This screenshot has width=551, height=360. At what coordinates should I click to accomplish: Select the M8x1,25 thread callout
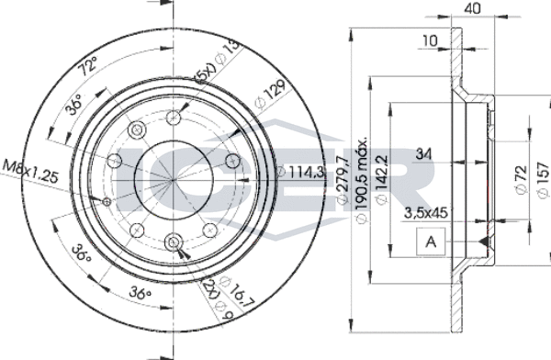30,171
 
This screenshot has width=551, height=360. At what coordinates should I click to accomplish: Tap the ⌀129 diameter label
270,95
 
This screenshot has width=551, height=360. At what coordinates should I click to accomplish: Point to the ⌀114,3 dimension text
301,172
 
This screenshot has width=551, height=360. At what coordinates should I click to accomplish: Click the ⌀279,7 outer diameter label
343,180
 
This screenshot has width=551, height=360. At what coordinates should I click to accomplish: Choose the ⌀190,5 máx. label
362,180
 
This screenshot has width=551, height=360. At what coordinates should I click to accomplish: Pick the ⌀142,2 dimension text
381,180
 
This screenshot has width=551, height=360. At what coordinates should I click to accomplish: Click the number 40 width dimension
472,8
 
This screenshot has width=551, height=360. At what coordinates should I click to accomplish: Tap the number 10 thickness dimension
430,40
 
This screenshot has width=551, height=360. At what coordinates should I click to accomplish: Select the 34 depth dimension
423,154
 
